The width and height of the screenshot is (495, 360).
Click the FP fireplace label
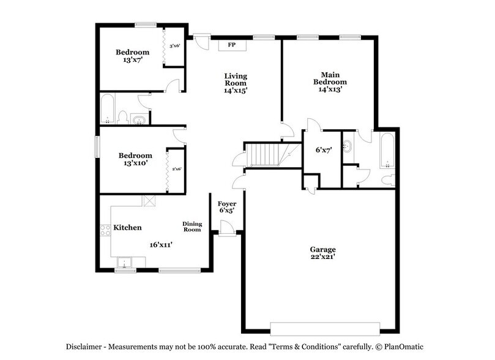[232, 45]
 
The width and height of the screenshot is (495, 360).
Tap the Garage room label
[322, 250]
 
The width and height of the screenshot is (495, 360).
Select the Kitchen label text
[127, 228]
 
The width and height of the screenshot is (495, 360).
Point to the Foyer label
[226, 204]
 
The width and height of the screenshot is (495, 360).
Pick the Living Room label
[235, 79]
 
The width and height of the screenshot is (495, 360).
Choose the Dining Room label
[192, 227]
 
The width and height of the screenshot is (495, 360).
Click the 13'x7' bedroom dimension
[132, 60]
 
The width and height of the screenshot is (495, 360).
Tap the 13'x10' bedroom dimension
[135, 163]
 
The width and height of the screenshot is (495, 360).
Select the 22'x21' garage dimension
[322, 258]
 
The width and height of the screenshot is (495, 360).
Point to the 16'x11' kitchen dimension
[161, 244]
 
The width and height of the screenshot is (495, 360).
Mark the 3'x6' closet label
[175, 46]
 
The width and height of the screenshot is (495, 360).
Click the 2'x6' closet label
[176, 169]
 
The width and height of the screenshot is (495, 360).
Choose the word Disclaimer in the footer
[86, 347]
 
